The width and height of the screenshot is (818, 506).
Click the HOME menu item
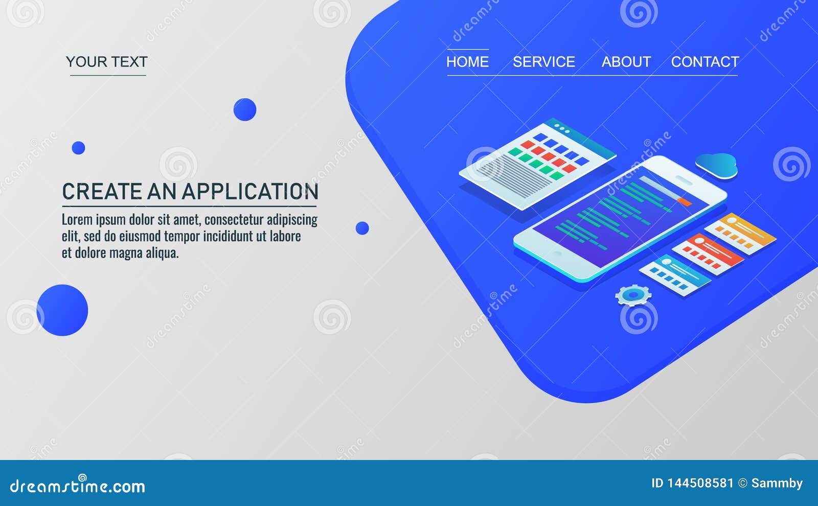pos(467,62)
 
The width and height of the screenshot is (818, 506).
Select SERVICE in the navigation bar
pos(544,62)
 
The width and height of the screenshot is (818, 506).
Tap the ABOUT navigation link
pos(626,62)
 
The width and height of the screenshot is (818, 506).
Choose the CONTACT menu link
pos(705,62)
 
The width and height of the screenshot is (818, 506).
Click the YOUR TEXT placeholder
pos(107,62)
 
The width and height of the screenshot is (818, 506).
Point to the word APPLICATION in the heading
pos(250,191)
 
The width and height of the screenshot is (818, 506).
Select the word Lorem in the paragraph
pos(77,219)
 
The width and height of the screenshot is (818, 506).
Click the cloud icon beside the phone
pos(716,166)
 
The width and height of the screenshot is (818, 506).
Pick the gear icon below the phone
pos(633,295)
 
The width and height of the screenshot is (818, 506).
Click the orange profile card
pos(740,234)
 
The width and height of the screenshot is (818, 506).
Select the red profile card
pos(708,254)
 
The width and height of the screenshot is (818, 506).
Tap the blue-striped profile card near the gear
pos(675,275)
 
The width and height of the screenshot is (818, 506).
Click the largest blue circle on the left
pos(62,310)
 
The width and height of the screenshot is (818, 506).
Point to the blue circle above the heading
pos(245,109)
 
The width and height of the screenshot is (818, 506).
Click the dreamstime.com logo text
pos(77,485)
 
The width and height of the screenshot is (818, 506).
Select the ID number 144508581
pos(700,484)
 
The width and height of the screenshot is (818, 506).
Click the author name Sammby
pos(777,484)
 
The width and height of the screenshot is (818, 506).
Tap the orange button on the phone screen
pos(685,202)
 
